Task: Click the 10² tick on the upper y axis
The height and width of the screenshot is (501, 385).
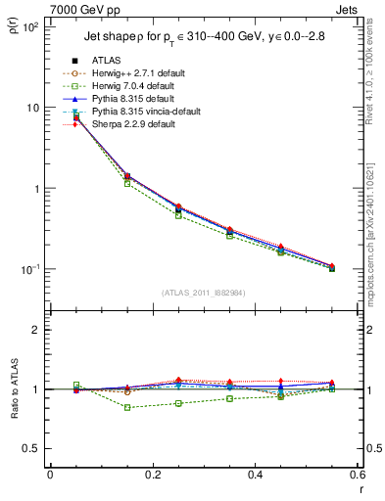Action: point(31,26)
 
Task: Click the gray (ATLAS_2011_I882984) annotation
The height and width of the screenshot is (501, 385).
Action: point(203,293)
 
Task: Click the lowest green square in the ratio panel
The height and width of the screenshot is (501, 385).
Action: point(152,407)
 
